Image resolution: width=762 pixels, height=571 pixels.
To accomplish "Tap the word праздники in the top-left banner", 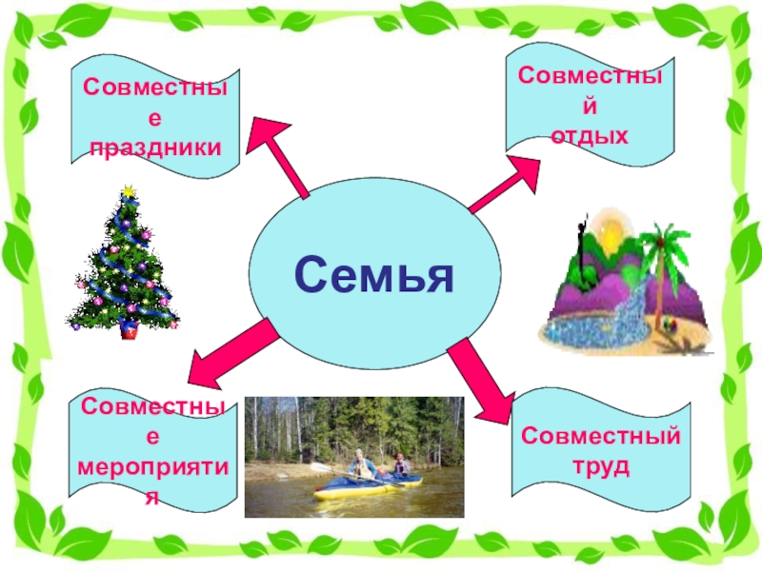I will coord(155,148).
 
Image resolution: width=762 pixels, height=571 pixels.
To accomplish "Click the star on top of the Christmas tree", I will coord(127,192).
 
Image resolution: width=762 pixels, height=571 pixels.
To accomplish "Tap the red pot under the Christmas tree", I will coord(128,331).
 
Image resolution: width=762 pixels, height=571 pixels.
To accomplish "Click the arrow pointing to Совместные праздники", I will coord(283,156).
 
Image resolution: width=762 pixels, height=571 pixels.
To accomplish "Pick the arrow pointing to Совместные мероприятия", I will coord(230,351).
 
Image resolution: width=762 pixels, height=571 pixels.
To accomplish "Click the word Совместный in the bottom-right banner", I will coord(601,438).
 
